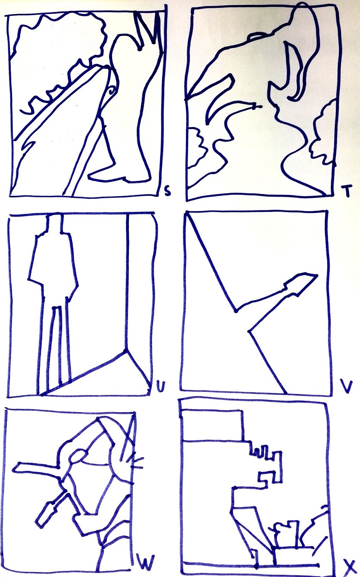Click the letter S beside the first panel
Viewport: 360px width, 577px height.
click(x=168, y=192)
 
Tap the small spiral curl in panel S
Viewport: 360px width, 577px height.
click(x=111, y=91)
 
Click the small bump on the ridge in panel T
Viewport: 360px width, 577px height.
click(x=256, y=36)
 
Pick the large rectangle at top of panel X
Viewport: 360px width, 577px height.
click(x=212, y=425)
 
